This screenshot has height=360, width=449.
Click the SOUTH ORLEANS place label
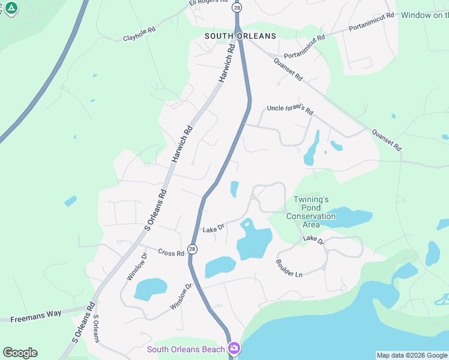pos(240,36)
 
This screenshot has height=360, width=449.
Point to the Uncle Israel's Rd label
pos(291,110)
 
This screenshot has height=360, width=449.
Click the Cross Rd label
pos(171,253)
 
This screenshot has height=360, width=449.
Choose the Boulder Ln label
pos(289,268)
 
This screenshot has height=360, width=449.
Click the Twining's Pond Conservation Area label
pos(311,212)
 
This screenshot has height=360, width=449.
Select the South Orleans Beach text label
pos(186,349)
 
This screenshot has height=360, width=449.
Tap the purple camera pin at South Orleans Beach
pos(234,348)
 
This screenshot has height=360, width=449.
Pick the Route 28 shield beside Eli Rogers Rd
pos(237,8)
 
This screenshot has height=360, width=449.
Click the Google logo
pos(20,353)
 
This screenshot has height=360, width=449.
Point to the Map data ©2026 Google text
pos(412,355)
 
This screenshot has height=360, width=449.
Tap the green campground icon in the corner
pos(11,8)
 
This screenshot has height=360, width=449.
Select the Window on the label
pos(424,15)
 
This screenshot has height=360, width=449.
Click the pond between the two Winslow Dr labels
pos(150,289)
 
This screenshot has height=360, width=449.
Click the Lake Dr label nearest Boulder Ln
pos(313,240)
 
